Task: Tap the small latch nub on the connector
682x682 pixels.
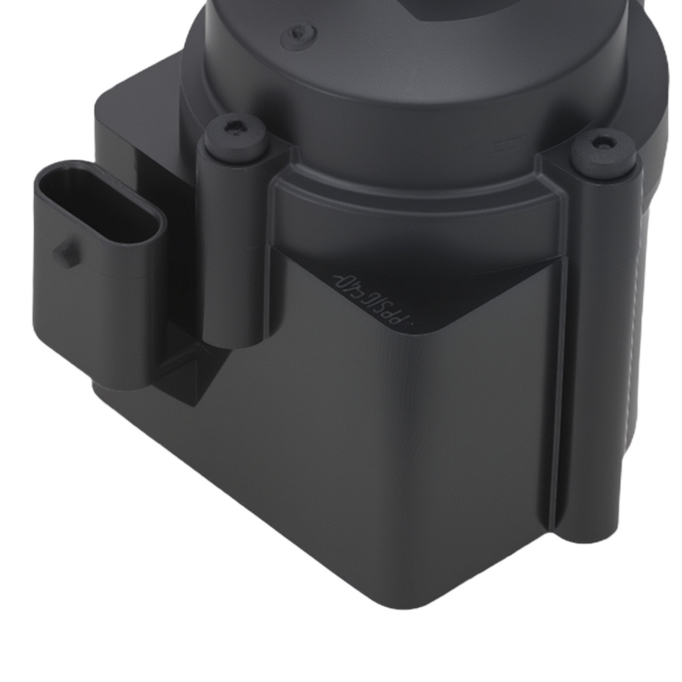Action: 63,253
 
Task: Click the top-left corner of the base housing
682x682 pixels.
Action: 102,102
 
